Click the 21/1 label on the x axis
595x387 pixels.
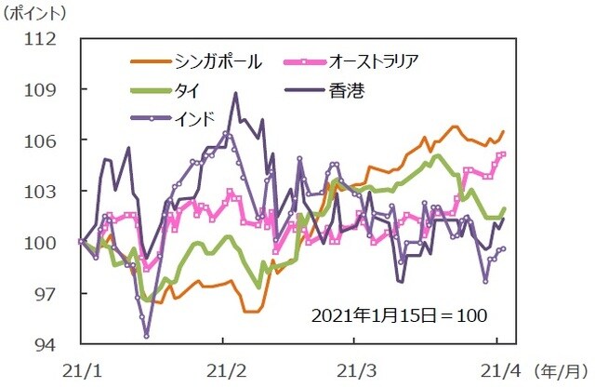(x=82, y=369)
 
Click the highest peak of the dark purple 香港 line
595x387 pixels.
(x=236, y=93)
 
